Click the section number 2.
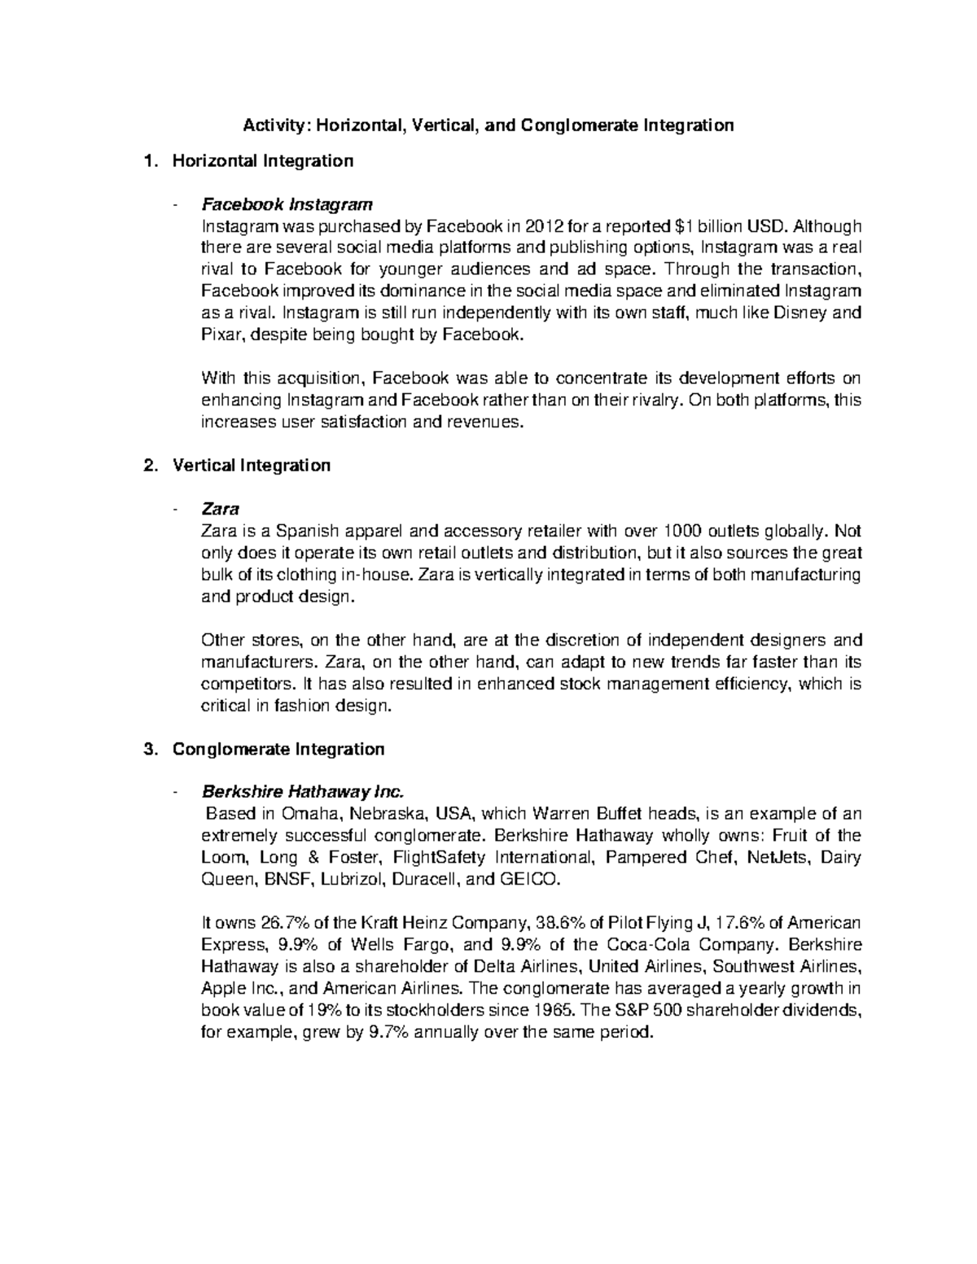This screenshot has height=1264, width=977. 148,466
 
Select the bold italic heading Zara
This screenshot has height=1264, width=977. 220,509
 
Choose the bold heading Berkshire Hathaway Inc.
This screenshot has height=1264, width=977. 302,792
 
